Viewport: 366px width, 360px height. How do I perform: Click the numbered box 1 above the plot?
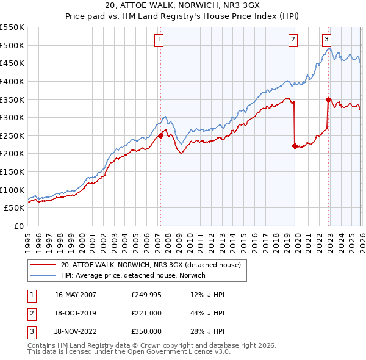coord(159,40)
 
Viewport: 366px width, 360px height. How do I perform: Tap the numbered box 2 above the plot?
coord(293,40)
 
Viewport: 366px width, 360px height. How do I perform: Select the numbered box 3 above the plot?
coord(326,40)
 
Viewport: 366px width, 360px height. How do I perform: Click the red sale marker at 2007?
coord(160,135)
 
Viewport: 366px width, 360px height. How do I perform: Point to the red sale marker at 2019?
coord(295,146)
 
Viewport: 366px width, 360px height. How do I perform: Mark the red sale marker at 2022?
coord(328,99)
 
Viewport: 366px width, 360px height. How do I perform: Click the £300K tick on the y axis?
coord(12,117)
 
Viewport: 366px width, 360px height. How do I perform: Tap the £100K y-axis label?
coord(12,190)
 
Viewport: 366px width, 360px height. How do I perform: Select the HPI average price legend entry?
coord(133,275)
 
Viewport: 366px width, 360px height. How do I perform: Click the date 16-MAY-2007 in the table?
coord(75,295)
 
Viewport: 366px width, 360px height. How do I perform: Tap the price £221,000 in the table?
coord(146,313)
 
